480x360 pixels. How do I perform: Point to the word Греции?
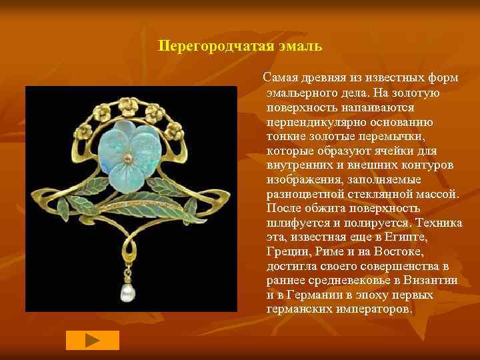coord(286,252)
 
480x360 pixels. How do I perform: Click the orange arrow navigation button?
coord(93,340)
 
